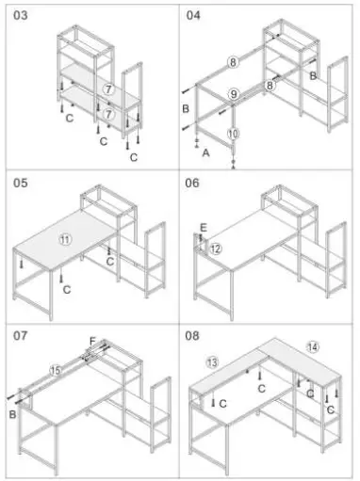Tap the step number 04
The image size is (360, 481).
[x=194, y=16]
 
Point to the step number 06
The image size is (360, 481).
[x=194, y=183]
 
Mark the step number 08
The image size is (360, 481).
[x=194, y=333]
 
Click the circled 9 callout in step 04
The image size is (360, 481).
[x=235, y=93]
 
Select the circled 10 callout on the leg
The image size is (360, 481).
[x=234, y=134]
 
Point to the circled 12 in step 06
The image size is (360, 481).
[x=216, y=249]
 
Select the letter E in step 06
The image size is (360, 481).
[x=203, y=227]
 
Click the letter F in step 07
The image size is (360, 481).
[x=92, y=342]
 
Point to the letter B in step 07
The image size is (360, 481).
[x=13, y=411]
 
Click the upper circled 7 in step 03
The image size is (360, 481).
[x=110, y=89]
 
